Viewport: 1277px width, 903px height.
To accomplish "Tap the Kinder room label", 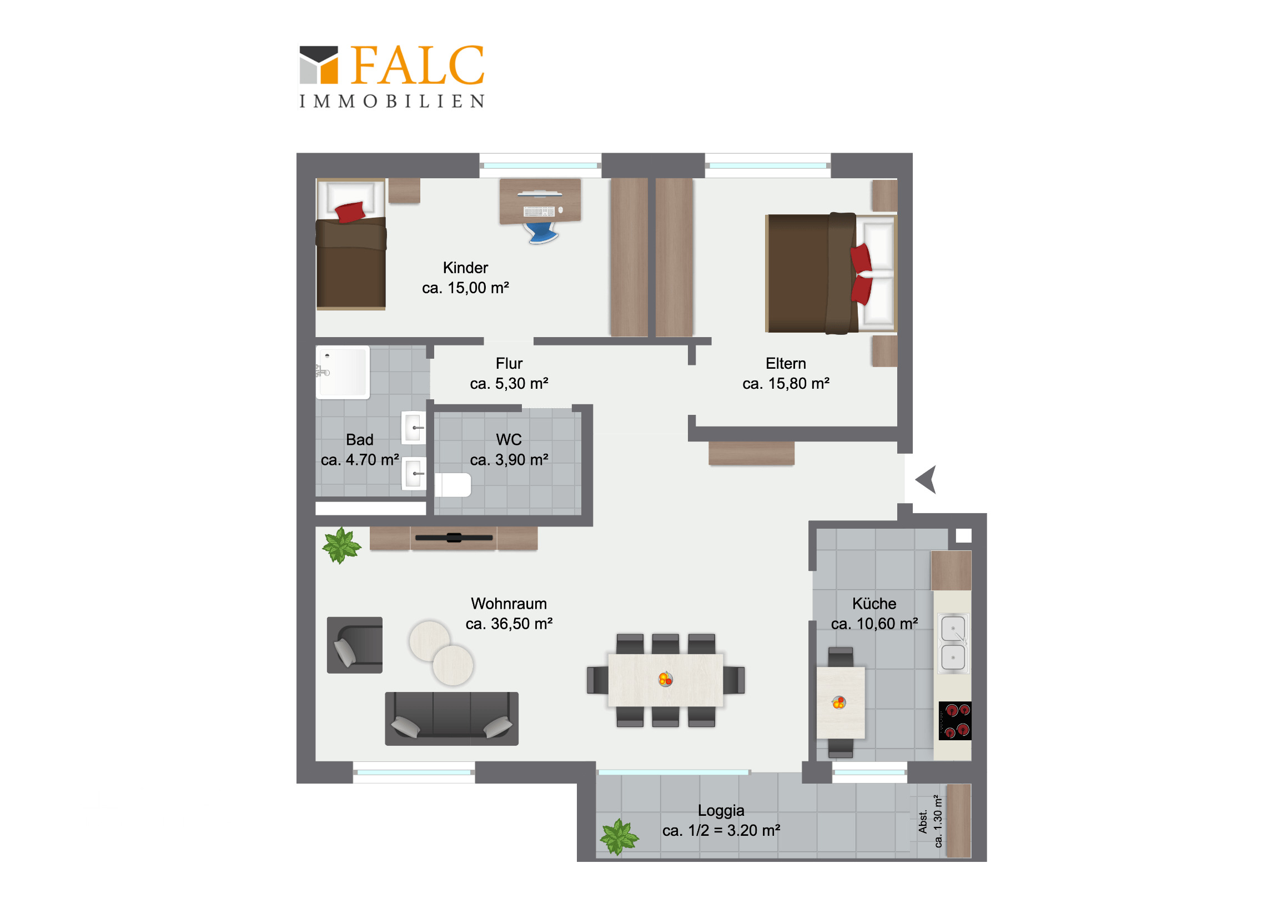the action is point(465,268).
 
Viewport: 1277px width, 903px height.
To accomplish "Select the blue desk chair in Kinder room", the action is point(542,233).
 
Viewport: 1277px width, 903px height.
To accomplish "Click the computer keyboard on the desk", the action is point(539,212).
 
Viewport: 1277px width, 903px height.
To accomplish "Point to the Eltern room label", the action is point(785,363).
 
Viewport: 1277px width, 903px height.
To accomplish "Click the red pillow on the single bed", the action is point(350,212).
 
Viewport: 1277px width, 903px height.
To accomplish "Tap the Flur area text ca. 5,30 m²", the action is point(509,384).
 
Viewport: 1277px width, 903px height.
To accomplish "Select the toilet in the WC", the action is point(453,485).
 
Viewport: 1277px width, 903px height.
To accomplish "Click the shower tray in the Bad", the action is point(343,372).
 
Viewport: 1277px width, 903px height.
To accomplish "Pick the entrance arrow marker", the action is point(927,480).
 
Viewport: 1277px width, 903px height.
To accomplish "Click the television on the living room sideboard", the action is point(454,538).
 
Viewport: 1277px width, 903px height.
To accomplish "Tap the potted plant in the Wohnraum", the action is point(341,546).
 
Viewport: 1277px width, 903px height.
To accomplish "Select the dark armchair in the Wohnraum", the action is point(355,645).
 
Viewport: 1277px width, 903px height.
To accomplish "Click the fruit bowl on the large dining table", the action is point(666,679).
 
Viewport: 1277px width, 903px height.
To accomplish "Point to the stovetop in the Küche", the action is point(955,720).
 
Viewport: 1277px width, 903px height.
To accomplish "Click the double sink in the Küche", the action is point(953,643).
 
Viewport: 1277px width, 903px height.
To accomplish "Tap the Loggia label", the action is point(721,811).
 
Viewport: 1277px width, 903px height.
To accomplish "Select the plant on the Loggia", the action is point(619,836).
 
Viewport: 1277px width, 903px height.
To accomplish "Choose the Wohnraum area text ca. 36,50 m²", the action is point(509,624).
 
